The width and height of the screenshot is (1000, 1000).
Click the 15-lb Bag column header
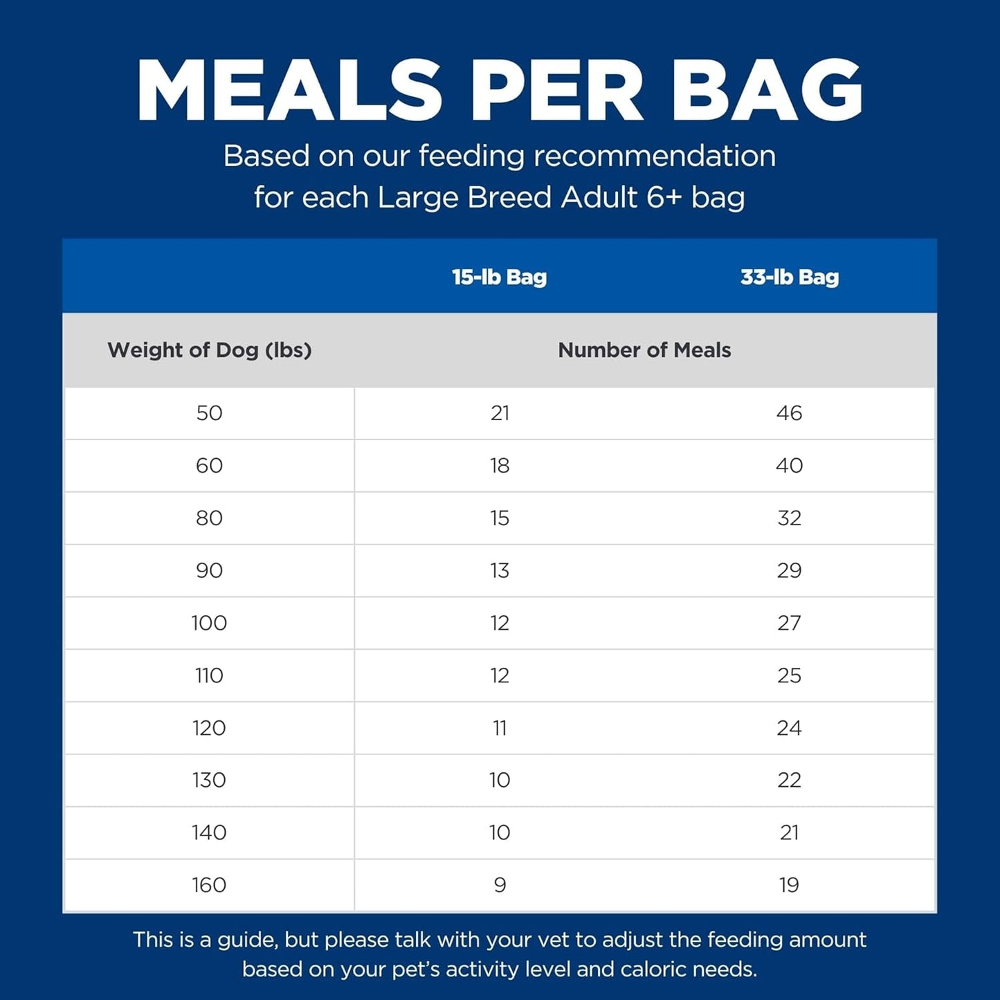click(499, 277)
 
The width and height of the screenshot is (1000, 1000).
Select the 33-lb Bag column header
click(789, 277)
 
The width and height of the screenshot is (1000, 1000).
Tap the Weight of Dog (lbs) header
click(209, 350)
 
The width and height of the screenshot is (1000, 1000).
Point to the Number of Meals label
click(644, 350)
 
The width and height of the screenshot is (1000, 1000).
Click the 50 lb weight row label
click(209, 413)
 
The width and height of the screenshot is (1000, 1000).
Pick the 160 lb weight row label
click(209, 885)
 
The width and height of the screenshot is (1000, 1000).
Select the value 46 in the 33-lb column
click(789, 413)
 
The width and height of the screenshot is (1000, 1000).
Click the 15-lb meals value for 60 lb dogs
click(500, 466)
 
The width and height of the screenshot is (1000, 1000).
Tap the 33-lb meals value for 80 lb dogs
click(789, 518)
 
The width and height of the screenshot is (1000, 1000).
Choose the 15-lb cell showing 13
click(500, 571)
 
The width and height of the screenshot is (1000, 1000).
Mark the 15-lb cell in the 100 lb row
click(500, 624)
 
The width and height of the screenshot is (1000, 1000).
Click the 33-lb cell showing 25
click(789, 675)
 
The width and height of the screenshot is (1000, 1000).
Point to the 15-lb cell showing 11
click(500, 728)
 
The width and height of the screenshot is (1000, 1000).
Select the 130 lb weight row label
click(209, 781)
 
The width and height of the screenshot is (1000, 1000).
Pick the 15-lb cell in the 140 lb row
click(500, 833)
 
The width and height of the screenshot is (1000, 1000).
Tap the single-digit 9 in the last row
click(500, 885)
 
